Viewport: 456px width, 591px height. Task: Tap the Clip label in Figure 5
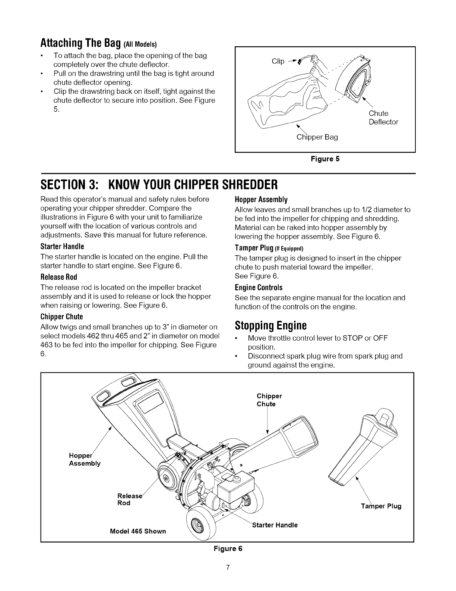[x=278, y=61]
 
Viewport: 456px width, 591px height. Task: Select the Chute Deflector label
[x=383, y=118]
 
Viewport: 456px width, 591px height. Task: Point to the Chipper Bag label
[x=317, y=137]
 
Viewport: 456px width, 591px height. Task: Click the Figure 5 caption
[x=325, y=159]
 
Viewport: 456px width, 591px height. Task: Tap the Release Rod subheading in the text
[x=59, y=277]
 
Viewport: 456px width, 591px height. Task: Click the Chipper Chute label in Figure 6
[x=269, y=400]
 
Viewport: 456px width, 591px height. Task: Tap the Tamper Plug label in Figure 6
[x=381, y=506]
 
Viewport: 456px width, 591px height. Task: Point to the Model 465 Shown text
[x=138, y=531]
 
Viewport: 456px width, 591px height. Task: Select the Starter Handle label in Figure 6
[x=275, y=525]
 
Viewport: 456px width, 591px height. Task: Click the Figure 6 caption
[x=228, y=549]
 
